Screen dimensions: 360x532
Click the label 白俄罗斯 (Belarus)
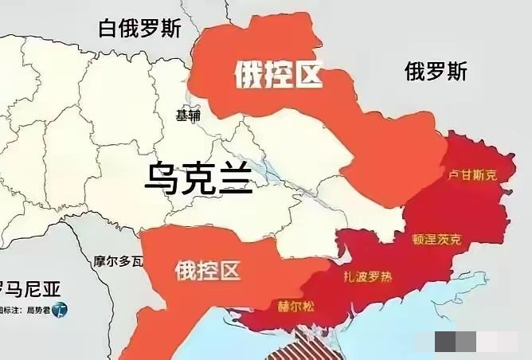(139, 29)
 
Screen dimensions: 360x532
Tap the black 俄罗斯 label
(435, 72)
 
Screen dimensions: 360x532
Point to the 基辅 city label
(188, 115)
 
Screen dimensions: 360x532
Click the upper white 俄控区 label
(277, 76)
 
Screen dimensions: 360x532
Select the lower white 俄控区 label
(207, 271)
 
